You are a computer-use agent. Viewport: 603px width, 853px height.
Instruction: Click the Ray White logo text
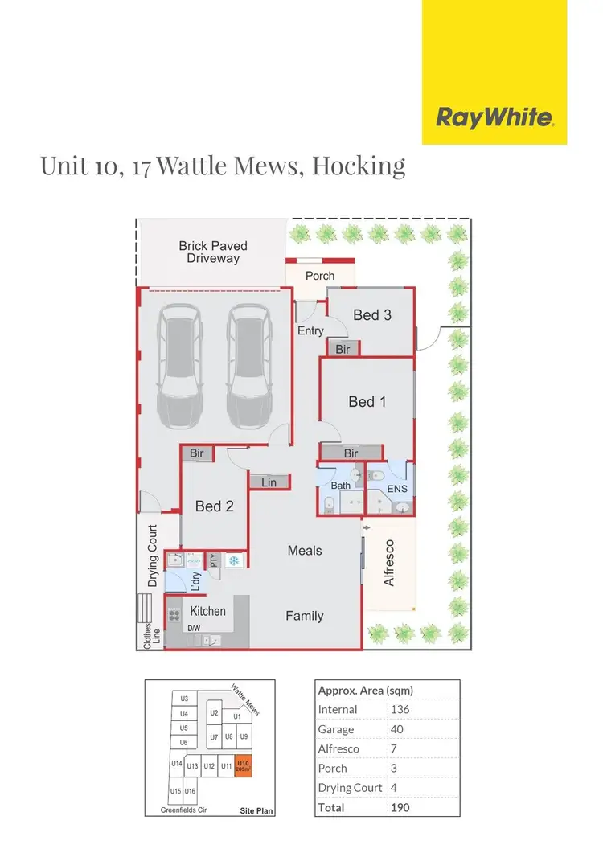tap(494, 118)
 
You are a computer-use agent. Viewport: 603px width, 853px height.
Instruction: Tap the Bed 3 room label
tap(372, 315)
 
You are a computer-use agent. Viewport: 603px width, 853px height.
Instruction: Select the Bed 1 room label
tap(367, 401)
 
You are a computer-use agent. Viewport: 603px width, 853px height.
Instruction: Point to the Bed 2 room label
tap(215, 506)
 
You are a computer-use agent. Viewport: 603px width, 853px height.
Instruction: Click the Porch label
tap(320, 276)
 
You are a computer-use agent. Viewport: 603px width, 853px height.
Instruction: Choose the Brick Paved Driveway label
tap(213, 252)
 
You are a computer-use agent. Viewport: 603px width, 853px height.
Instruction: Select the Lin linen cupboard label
tap(269, 482)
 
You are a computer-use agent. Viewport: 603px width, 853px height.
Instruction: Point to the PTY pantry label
tap(214, 560)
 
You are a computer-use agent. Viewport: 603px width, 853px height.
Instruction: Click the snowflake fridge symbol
tap(235, 560)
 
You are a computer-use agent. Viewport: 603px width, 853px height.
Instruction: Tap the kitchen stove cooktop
tap(174, 616)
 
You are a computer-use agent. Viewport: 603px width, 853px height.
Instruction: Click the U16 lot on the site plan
tap(190, 792)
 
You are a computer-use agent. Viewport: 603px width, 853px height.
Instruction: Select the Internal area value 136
tap(399, 710)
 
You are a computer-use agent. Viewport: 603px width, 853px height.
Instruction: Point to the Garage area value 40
tap(396, 729)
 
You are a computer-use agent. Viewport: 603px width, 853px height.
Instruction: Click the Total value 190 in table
tap(399, 806)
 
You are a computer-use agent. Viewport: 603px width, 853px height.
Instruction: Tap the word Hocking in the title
tap(358, 166)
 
